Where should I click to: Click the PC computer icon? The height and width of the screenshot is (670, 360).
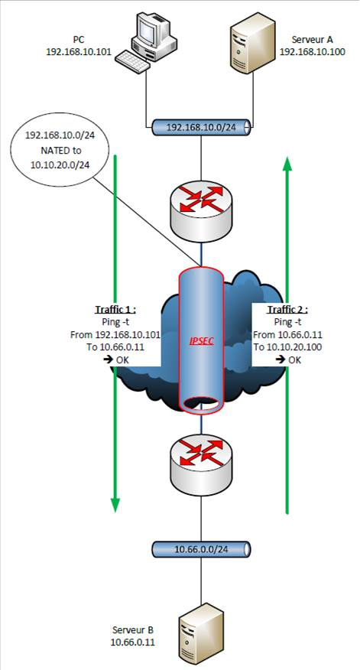click(x=147, y=41)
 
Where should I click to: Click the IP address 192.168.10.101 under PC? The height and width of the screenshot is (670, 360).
click(x=79, y=52)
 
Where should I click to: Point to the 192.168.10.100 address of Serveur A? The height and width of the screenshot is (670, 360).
click(x=312, y=52)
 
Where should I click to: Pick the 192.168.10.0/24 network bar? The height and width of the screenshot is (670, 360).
click(x=201, y=126)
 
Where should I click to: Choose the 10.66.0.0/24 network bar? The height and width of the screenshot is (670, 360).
click(x=201, y=549)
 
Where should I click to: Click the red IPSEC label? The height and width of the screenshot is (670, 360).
click(x=201, y=341)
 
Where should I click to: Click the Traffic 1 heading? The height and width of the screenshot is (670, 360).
click(x=117, y=310)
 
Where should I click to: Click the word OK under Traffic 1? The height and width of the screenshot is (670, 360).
click(x=122, y=360)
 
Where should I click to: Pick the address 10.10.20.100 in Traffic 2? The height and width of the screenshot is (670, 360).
click(x=294, y=347)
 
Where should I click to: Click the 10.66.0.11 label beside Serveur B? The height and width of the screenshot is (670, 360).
click(x=132, y=642)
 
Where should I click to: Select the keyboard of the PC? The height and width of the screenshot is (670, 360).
click(x=132, y=60)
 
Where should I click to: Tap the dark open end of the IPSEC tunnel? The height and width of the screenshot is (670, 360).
click(x=201, y=403)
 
